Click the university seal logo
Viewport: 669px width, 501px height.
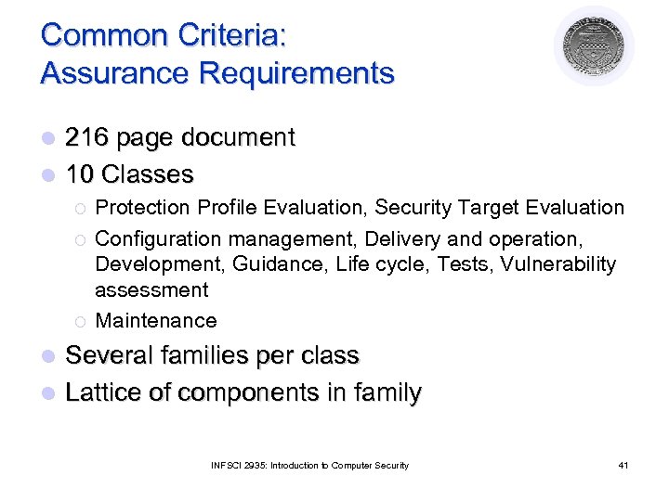tap(594, 45)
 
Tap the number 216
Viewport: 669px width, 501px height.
tap(85, 138)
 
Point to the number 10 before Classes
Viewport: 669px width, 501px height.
tap(80, 174)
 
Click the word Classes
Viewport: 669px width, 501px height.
tap(148, 174)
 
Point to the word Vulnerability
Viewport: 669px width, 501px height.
tap(557, 264)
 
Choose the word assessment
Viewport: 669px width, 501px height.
tap(151, 290)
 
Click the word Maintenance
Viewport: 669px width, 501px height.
tap(156, 321)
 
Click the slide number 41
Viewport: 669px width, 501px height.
tap(623, 465)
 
